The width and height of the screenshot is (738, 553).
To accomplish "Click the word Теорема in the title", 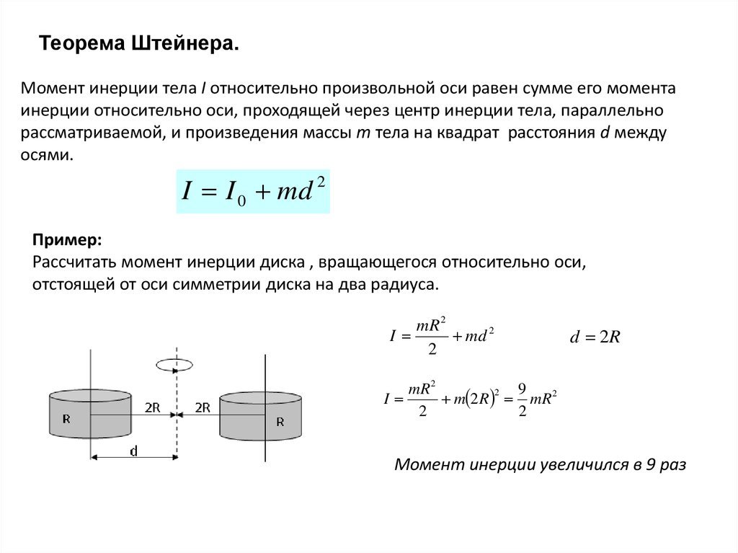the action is point(82,43).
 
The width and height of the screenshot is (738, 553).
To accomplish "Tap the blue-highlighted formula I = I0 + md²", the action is point(253,191).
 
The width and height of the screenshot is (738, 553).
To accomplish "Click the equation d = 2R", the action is point(595,337).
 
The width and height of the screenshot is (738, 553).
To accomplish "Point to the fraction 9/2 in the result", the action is point(522,400).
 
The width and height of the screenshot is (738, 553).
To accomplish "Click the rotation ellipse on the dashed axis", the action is point(174,365).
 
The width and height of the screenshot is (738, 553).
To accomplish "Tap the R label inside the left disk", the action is point(66,419).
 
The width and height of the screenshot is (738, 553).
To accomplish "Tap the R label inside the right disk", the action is point(280,422).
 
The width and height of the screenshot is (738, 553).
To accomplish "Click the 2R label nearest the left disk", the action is point(153,407).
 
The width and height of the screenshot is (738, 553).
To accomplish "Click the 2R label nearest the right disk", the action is point(203,407).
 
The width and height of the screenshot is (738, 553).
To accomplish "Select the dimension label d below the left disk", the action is point(133,451).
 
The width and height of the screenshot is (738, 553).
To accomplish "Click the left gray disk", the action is point(90,414).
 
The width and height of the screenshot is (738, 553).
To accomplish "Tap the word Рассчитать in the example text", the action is point(74,262).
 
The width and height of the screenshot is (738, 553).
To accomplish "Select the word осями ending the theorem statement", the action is point(47,155).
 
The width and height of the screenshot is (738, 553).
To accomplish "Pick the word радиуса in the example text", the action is point(405,285).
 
